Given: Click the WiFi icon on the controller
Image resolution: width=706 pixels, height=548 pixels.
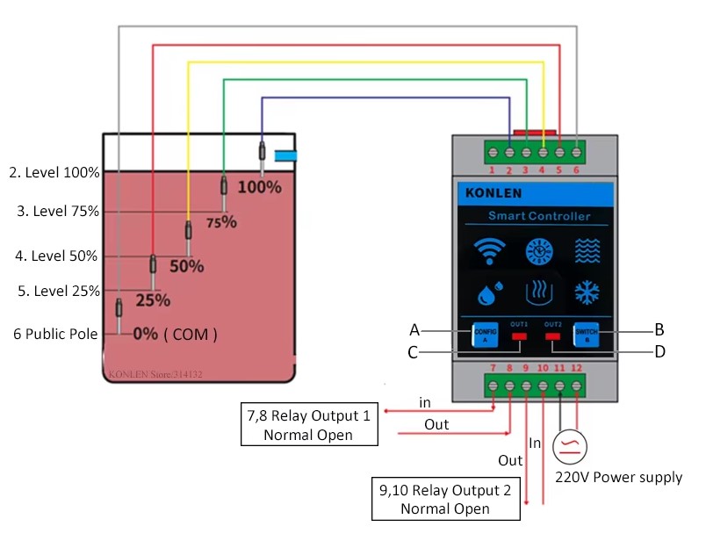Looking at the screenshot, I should pos(488,251).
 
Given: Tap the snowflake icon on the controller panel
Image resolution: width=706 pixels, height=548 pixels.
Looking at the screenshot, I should pos(587,292).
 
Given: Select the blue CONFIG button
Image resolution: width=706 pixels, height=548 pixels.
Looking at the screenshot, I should pos(486,334).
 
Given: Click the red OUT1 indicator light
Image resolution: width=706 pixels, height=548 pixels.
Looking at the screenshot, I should pos(520,335).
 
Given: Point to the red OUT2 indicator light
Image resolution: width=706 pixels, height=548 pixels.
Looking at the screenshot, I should pos(553,335).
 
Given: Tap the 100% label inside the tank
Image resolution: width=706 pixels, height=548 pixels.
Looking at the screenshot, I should pos(260,187).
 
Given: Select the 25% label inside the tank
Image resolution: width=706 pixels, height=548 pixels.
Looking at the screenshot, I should pos(153,299).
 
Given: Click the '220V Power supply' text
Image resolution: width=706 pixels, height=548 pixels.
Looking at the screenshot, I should pos(618,477).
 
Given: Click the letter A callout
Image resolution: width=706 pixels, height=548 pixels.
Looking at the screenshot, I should pos(414,330).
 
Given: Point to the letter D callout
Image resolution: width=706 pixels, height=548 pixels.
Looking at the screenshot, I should pos(659,352).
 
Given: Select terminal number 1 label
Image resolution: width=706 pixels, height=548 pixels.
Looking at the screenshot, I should pos(493,170).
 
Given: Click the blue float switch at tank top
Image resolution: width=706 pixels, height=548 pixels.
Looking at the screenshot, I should pos(286,155).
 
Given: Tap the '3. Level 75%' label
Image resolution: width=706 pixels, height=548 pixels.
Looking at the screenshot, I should pos(58,212).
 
